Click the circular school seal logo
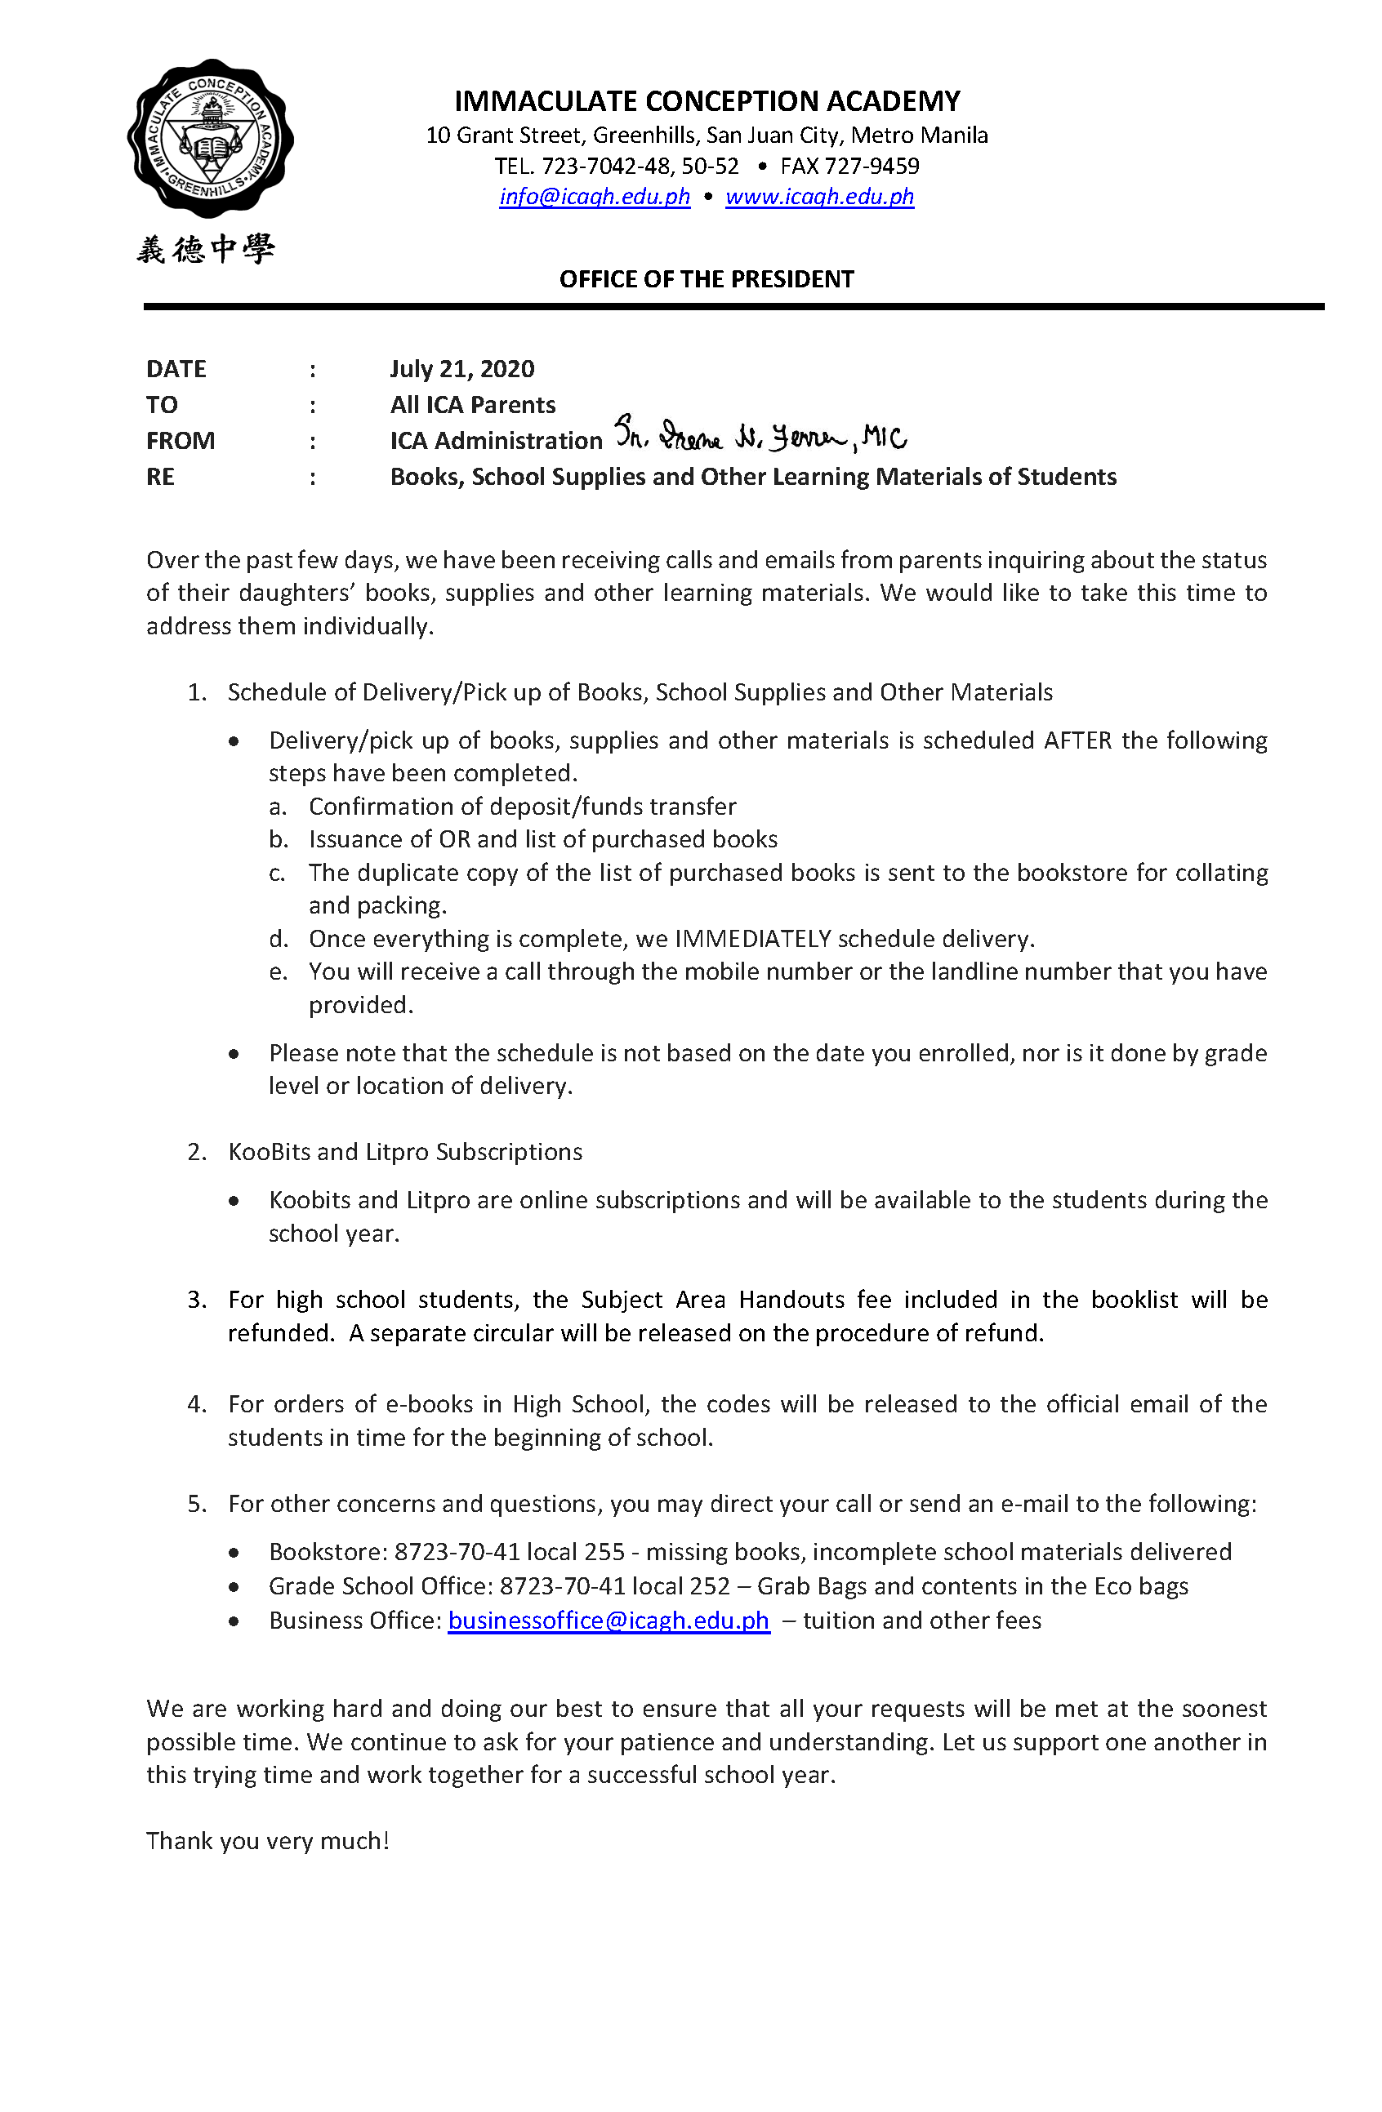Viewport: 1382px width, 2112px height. (x=211, y=139)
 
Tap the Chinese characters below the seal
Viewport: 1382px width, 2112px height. (x=206, y=249)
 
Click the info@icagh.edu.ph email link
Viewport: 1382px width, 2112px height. (x=594, y=196)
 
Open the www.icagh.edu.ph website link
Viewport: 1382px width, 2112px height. (x=819, y=196)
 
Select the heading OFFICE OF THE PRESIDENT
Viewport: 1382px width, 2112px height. (x=706, y=279)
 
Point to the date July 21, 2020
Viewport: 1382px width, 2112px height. (x=461, y=369)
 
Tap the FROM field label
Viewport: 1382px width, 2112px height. (x=181, y=441)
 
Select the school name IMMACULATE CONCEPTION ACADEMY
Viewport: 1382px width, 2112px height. (x=707, y=101)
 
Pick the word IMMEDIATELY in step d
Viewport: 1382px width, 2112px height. (x=753, y=939)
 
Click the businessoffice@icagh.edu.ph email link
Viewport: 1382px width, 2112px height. (x=608, y=1621)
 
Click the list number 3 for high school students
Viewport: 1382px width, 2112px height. (x=196, y=1300)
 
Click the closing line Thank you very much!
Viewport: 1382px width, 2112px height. (x=267, y=1840)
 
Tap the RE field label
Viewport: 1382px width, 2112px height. (x=160, y=478)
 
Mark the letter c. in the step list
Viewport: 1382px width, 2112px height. (x=277, y=874)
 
